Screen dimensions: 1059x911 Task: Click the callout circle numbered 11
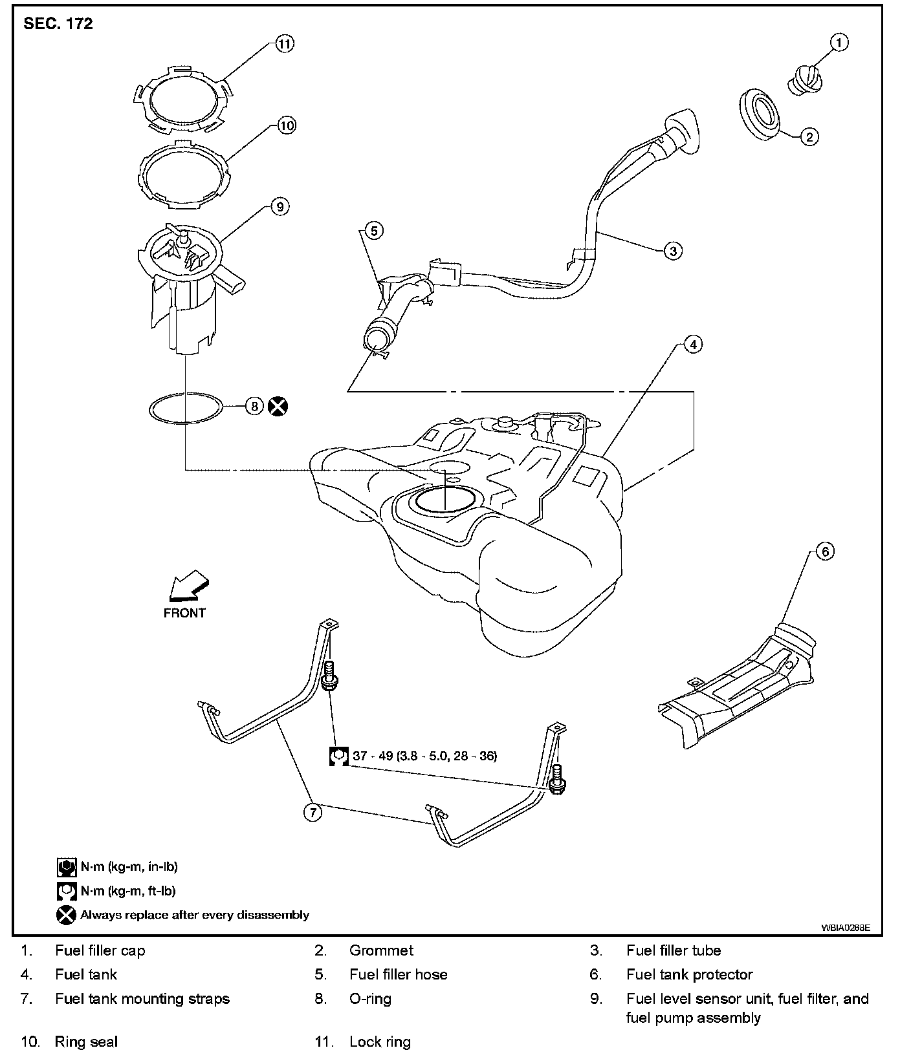[x=284, y=43]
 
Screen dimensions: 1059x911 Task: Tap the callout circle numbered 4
[x=693, y=345]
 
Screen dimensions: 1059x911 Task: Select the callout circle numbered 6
[x=824, y=551]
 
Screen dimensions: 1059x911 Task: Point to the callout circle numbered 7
[x=313, y=811]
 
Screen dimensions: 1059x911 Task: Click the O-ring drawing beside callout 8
[x=186, y=408]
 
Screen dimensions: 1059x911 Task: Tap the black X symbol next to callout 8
[x=278, y=406]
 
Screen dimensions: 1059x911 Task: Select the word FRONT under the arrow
[x=184, y=613]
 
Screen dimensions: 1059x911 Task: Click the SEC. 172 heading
[x=58, y=24]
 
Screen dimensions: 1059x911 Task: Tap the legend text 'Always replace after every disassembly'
[x=194, y=915]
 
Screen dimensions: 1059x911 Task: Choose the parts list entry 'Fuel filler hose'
[x=398, y=974]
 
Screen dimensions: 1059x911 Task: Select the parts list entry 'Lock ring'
[x=380, y=1042]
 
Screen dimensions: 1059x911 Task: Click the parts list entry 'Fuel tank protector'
[x=689, y=974]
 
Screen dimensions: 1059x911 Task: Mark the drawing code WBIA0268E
[x=846, y=927]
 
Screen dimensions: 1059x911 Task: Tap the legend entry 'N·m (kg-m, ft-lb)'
[x=128, y=890]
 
